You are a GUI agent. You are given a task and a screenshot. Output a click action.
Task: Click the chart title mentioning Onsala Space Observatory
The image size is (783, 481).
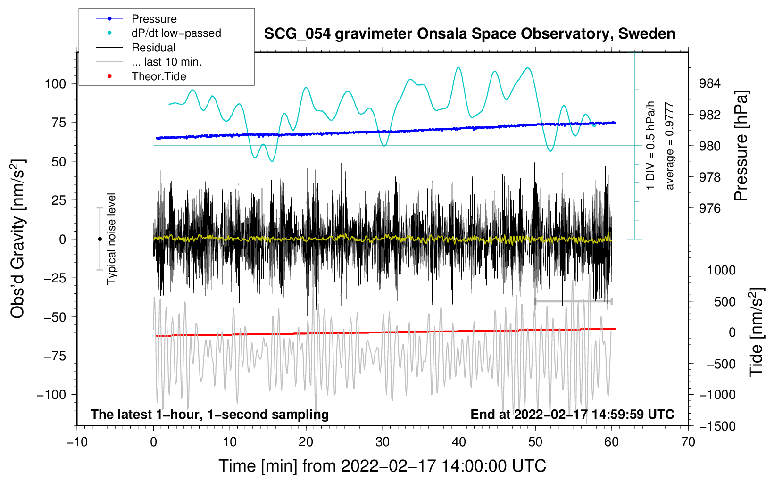469,34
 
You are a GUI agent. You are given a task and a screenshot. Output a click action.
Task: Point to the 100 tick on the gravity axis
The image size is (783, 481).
55,84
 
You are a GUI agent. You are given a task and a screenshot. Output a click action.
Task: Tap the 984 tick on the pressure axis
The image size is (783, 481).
710,84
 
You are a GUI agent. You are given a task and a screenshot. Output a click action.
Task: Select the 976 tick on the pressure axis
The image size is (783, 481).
710,208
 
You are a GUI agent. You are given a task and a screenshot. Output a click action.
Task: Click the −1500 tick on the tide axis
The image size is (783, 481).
717,426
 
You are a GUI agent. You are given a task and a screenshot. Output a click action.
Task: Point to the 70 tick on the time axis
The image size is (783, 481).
688,442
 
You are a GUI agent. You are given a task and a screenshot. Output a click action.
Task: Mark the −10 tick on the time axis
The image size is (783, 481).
77,442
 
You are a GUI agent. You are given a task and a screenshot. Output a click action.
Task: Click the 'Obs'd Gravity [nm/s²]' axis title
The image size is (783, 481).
18,239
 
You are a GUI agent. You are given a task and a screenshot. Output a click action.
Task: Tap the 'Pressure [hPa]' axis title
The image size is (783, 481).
741,146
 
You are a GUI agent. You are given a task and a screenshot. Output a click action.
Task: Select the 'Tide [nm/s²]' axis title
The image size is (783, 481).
756,332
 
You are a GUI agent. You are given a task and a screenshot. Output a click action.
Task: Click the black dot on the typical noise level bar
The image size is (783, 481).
100,239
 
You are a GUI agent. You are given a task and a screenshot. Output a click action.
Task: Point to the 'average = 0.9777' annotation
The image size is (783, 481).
670,146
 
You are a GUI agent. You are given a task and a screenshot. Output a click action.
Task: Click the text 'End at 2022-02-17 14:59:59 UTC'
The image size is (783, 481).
572,414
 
